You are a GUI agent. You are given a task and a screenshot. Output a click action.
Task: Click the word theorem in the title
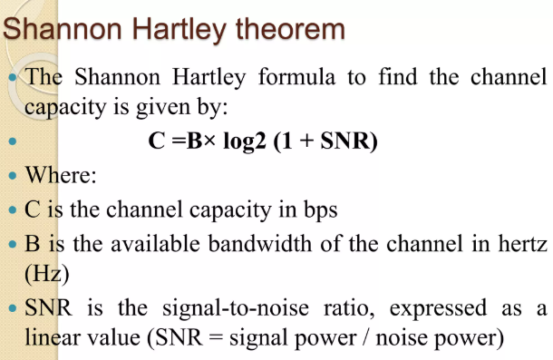pyautogui.click(x=290, y=29)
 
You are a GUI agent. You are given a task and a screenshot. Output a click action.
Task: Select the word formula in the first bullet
pyautogui.click(x=296, y=76)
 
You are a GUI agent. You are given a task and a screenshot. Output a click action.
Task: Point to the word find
pyautogui.click(x=398, y=76)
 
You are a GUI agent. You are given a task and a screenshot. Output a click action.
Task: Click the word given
pyautogui.click(x=163, y=108)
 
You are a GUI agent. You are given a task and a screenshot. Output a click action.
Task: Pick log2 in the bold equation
pyautogui.click(x=245, y=141)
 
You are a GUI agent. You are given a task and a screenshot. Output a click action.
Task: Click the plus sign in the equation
pyautogui.click(x=306, y=141)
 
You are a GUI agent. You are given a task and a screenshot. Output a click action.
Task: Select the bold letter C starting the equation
pyautogui.click(x=157, y=141)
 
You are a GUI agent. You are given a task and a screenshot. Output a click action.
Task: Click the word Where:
pyautogui.click(x=61, y=175)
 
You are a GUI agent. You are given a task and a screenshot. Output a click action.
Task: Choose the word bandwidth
pyautogui.click(x=260, y=244)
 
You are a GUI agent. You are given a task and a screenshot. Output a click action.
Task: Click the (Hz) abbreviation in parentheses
pyautogui.click(x=47, y=274)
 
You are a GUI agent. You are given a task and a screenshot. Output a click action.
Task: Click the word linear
pyautogui.click(x=53, y=336)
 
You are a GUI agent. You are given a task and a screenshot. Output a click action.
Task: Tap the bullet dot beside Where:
pyautogui.click(x=13, y=175)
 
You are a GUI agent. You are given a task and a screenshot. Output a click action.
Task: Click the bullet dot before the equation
pyautogui.click(x=13, y=141)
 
